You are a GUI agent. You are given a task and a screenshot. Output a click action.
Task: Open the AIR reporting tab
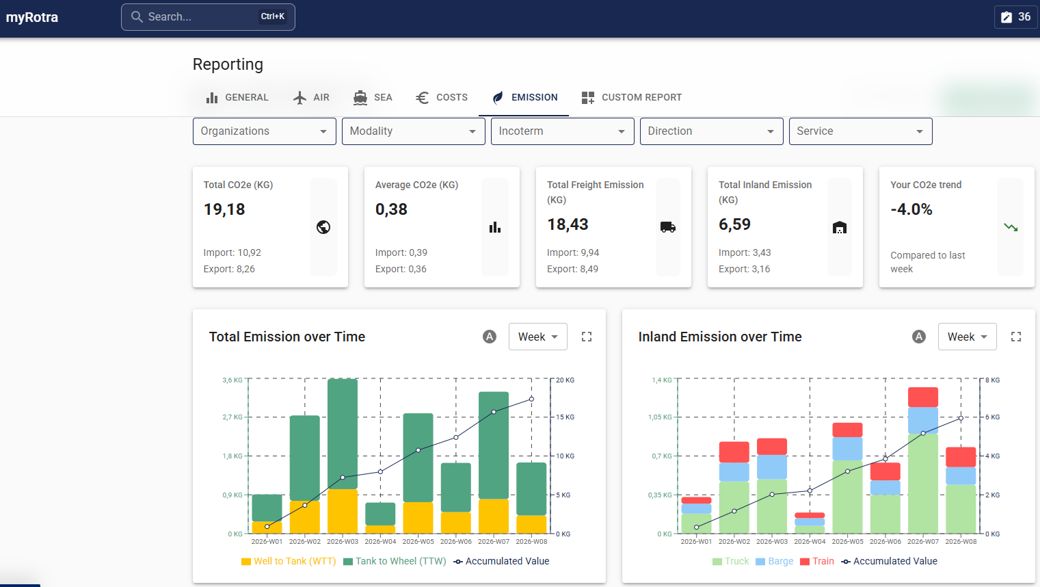311,97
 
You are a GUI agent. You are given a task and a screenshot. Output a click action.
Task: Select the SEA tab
373,97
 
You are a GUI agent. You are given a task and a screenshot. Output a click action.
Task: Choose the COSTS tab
442,97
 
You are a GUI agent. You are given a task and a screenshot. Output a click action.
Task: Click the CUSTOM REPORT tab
631,97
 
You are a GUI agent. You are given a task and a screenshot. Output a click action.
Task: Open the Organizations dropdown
264,131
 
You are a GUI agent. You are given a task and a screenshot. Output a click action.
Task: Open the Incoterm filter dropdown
562,131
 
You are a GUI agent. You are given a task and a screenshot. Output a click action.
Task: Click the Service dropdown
860,131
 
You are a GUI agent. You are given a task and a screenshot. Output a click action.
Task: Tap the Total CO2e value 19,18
224,209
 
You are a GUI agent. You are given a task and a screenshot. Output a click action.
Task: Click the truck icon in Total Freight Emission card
667,227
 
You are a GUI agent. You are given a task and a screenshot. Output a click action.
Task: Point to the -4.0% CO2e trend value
911,209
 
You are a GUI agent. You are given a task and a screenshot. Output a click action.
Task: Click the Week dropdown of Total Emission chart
537,337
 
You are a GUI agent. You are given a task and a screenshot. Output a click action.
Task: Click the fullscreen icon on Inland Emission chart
1015,337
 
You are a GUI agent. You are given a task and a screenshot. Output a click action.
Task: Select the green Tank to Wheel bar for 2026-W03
343,434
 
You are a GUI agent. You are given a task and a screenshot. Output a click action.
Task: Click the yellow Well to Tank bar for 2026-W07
494,517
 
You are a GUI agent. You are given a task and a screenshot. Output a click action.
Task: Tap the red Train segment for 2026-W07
922,397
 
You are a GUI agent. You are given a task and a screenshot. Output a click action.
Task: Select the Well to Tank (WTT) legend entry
289,561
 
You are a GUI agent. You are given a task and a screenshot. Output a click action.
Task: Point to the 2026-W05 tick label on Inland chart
847,541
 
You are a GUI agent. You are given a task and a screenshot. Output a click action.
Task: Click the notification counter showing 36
1016,17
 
